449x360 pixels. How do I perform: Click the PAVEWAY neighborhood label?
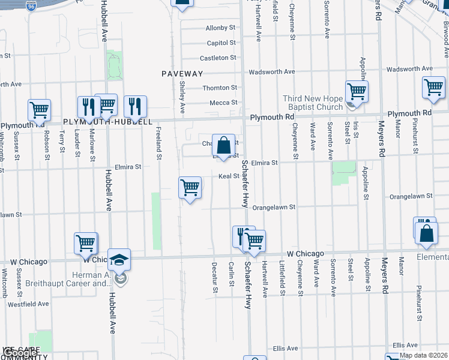pos(182,73)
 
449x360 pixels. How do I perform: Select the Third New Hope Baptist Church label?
pos(313,103)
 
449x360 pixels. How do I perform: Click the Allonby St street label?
pos(220,28)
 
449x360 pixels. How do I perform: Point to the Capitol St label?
pos(221,43)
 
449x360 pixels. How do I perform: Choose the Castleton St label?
pos(218,58)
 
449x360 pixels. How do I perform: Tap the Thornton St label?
pos(220,88)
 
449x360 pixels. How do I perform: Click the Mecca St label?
pos(223,103)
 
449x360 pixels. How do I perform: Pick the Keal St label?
pos(229,176)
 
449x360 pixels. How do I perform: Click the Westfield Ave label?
pos(28,304)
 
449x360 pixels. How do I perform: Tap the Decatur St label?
pos(214,277)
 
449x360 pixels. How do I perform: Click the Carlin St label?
pos(231,275)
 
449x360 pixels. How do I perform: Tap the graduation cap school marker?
pos(119,259)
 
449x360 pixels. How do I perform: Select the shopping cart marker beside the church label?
pos(357,92)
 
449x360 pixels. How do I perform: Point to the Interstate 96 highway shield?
pos(32,6)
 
